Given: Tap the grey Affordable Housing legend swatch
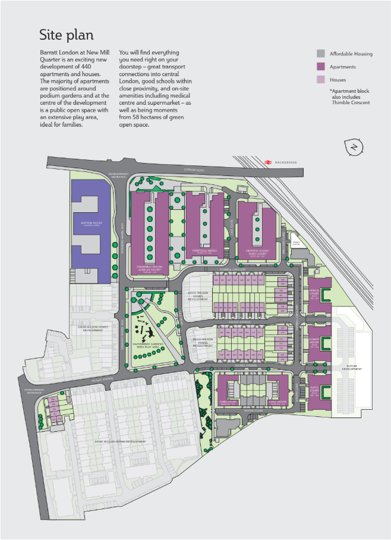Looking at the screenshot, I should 321,54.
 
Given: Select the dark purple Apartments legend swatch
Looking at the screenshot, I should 321,67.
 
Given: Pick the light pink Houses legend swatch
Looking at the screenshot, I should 321,79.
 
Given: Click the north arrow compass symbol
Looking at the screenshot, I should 354,147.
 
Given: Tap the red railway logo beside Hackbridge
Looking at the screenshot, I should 269,161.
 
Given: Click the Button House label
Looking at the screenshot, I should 92,224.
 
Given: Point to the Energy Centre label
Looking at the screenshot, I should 297,243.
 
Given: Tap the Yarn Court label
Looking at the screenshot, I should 228,402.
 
